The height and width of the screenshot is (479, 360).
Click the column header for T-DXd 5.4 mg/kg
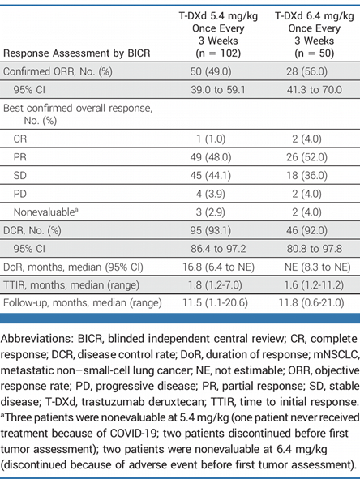[x=218, y=34]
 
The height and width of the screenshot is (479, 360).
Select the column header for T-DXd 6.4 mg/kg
[x=315, y=34]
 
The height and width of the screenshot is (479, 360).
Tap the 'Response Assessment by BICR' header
[x=77, y=53]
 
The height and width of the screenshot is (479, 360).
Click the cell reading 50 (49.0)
[x=211, y=71]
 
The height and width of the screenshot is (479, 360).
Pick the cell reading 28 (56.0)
[x=306, y=71]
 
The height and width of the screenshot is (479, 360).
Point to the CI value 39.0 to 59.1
[x=218, y=90]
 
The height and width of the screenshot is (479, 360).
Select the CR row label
[x=20, y=139]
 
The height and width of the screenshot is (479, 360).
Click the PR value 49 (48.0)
[x=211, y=157]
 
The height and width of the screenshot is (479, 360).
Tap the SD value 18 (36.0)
[x=306, y=175]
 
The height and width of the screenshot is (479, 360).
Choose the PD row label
[x=20, y=194]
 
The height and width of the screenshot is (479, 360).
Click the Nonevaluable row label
[x=46, y=212]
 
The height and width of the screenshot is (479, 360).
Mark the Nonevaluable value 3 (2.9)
[x=211, y=212]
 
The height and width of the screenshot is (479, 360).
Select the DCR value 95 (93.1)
[x=211, y=230]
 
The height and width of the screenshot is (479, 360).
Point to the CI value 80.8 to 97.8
[x=315, y=249]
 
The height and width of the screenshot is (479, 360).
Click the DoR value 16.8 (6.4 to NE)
[x=218, y=267]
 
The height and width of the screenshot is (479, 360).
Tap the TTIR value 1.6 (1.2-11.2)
[x=314, y=285]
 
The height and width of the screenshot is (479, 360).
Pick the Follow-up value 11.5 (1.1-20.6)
[x=215, y=303]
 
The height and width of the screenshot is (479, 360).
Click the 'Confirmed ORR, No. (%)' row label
[x=58, y=71]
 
